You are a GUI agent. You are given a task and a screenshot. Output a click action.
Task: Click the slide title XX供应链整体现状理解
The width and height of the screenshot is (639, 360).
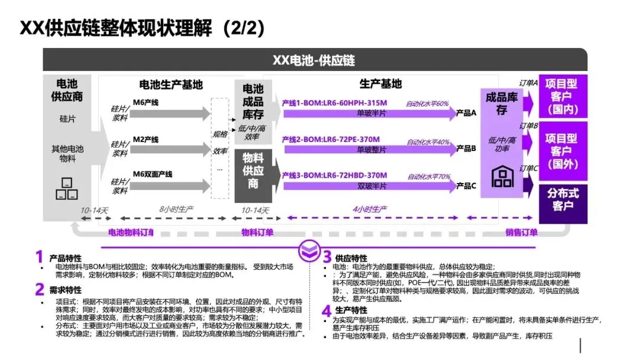(142, 28)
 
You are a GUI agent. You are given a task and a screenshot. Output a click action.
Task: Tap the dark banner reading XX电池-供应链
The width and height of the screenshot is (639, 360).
(314, 60)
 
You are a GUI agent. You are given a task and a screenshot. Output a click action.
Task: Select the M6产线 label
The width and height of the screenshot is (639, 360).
(146, 103)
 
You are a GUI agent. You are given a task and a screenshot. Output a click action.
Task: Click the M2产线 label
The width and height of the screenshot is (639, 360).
(146, 140)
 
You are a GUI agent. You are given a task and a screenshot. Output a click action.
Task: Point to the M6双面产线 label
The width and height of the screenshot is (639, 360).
(152, 174)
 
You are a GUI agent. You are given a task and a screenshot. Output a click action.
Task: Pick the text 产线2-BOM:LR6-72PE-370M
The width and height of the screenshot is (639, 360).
(331, 140)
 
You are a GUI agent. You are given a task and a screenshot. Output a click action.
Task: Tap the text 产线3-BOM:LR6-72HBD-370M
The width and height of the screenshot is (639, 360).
(334, 175)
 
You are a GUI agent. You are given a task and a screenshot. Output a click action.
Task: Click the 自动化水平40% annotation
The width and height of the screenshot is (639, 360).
(428, 142)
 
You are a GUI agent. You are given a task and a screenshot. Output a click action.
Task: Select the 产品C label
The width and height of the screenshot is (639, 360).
(466, 185)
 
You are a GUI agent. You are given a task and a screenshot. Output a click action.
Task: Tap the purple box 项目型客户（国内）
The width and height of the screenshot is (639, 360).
(562, 97)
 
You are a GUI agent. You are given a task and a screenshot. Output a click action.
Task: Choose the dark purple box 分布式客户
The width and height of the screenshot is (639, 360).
(563, 200)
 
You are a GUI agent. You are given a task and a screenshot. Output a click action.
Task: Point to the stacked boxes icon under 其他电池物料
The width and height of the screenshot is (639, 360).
(66, 188)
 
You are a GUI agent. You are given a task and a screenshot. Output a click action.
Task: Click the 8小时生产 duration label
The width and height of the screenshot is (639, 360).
(177, 210)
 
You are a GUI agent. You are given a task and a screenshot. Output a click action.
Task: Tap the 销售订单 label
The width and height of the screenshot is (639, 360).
(522, 233)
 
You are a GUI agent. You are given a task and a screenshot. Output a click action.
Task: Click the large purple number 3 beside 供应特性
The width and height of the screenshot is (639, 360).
(327, 257)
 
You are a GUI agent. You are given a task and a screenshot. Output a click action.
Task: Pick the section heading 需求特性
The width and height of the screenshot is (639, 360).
(66, 290)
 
